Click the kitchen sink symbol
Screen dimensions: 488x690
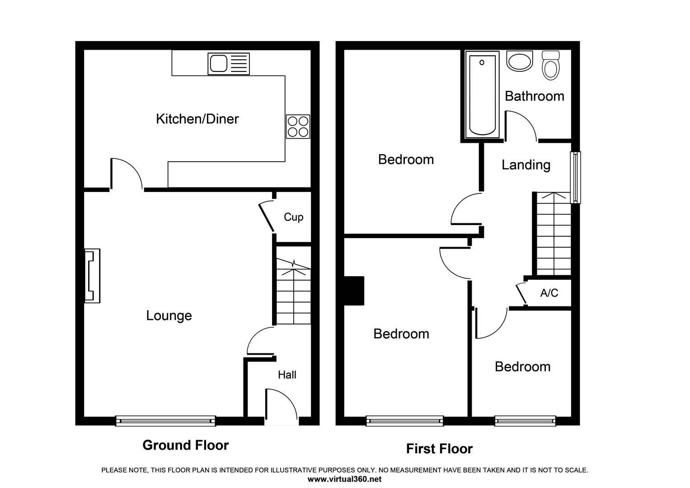[x=228, y=64]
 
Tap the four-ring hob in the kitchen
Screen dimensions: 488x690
[x=298, y=127]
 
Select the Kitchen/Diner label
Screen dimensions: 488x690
[x=197, y=119]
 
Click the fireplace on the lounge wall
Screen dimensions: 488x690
[x=92, y=276]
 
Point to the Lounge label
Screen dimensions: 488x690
[x=169, y=315]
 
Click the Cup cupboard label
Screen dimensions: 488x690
[x=293, y=217]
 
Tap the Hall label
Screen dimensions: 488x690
[x=287, y=375]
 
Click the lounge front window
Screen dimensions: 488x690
[x=165, y=421]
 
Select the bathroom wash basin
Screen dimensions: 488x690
[x=520, y=61]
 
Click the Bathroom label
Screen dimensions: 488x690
[x=534, y=96]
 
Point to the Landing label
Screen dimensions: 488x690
[x=526, y=165]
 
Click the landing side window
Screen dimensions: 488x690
[x=576, y=177]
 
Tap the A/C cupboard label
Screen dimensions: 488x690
[x=549, y=293]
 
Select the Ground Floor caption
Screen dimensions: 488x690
[x=185, y=445]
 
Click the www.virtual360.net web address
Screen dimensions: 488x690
[x=344, y=479]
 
